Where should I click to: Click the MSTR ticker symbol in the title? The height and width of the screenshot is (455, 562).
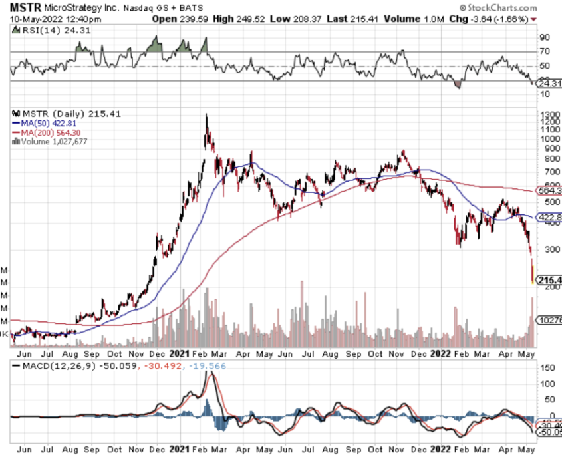click(23, 7)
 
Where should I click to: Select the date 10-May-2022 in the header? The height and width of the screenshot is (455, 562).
click(32, 19)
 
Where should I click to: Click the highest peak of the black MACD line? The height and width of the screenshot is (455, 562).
click(212, 373)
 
